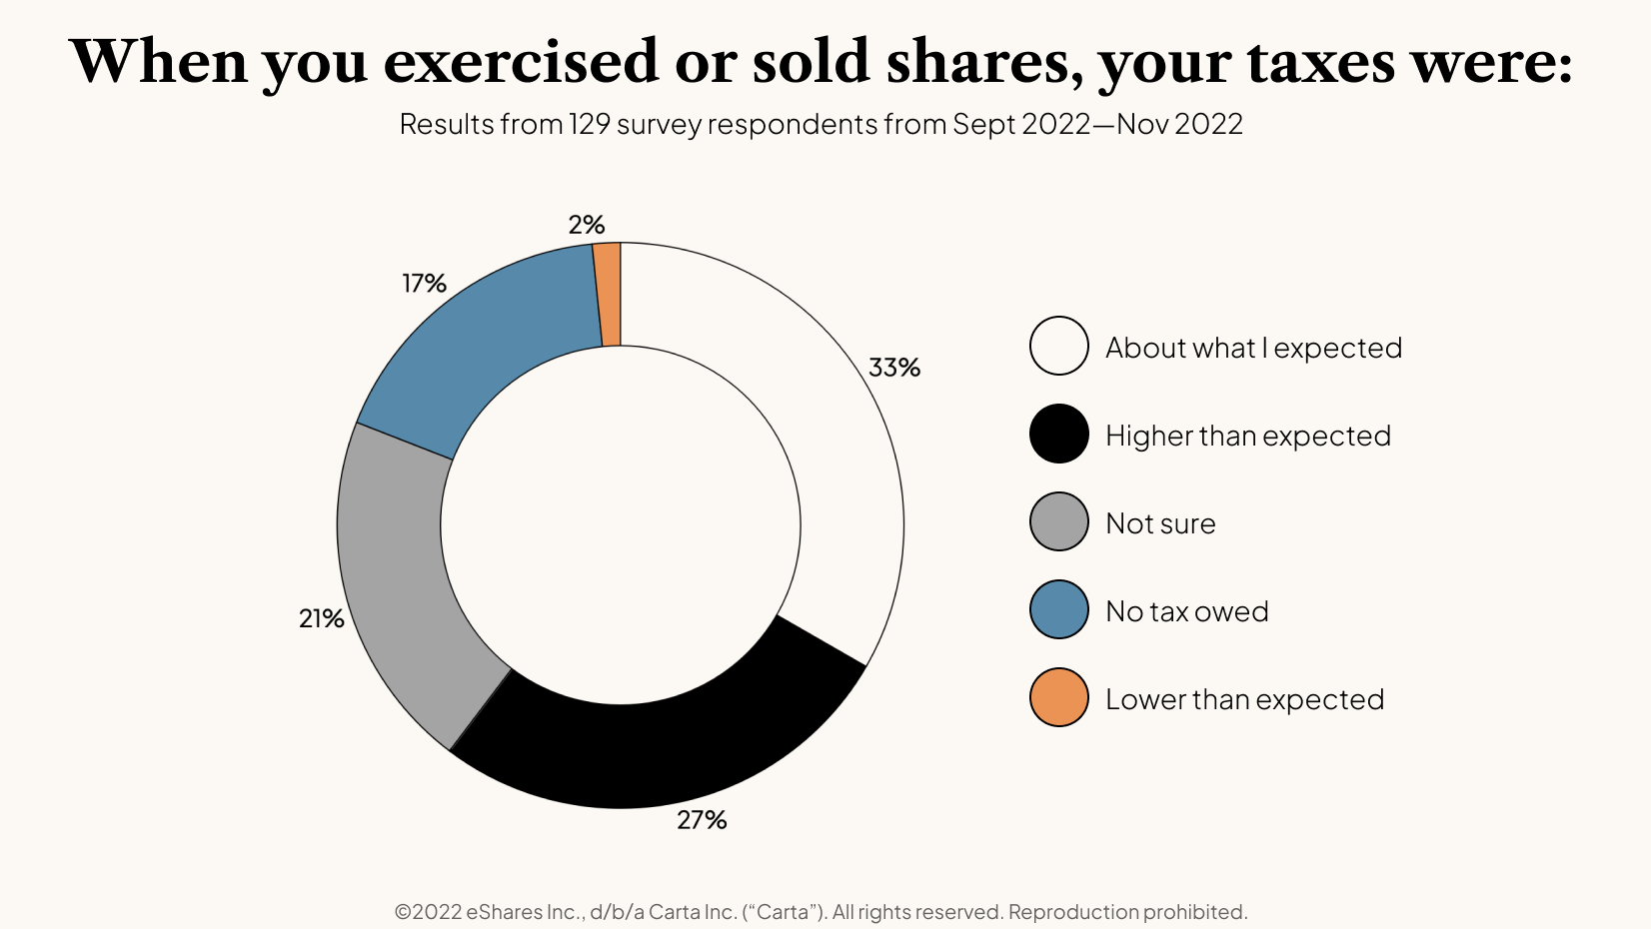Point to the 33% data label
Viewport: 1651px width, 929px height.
[893, 368]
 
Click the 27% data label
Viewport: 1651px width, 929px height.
[702, 820]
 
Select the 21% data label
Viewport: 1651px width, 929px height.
[321, 619]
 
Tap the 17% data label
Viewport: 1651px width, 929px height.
[424, 284]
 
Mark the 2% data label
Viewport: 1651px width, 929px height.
[587, 226]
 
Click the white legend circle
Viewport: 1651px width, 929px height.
[1058, 346]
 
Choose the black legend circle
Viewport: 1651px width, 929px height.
[1058, 434]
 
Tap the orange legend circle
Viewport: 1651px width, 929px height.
[1058, 697]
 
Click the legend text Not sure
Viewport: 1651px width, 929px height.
[1160, 523]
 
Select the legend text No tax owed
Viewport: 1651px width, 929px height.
[1186, 611]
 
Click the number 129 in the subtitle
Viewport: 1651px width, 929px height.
[590, 124]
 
